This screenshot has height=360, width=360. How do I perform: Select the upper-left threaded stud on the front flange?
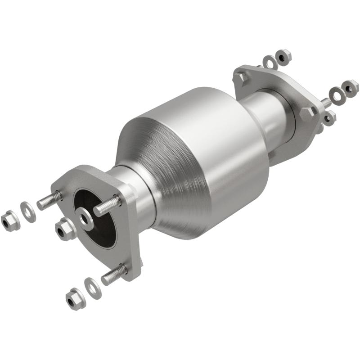[x=49, y=201]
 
